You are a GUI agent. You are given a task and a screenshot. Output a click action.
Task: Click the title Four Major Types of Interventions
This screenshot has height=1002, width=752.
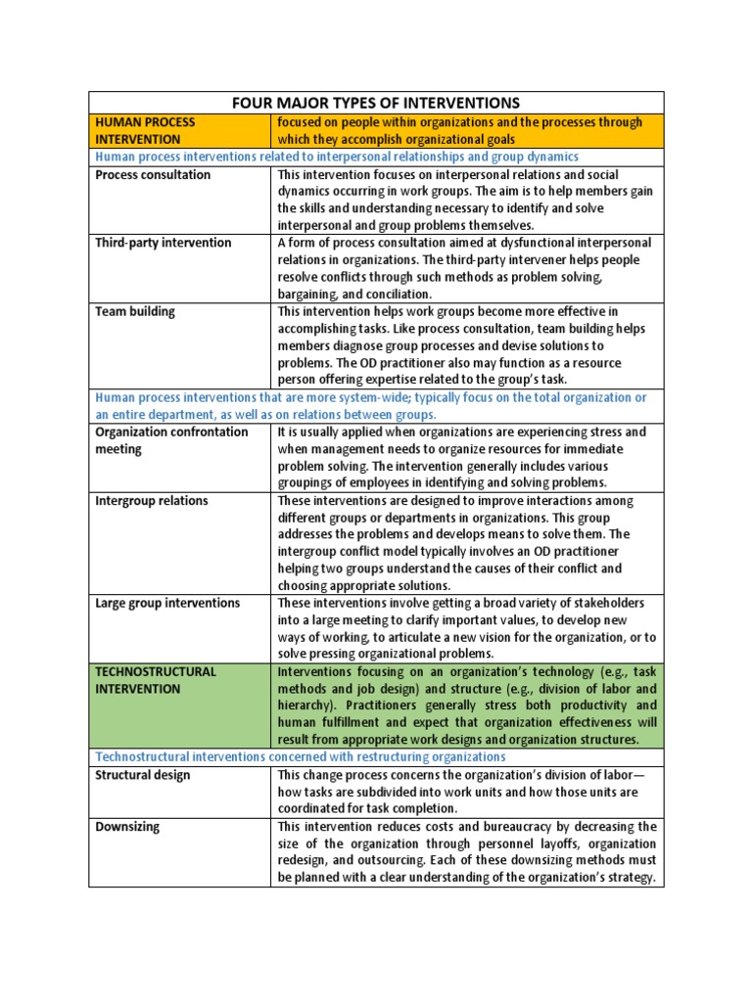[375, 103]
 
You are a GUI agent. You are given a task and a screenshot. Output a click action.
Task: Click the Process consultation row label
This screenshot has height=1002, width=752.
[153, 174]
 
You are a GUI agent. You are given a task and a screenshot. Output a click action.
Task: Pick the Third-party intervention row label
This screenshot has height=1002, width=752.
[164, 243]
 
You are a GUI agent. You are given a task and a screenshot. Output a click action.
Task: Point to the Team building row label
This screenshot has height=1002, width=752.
[135, 311]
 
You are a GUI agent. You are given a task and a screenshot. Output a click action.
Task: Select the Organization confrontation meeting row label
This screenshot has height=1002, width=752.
[171, 440]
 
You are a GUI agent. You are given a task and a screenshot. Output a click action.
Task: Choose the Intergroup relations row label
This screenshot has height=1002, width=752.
[152, 500]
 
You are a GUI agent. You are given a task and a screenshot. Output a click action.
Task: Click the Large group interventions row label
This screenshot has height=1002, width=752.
[167, 603]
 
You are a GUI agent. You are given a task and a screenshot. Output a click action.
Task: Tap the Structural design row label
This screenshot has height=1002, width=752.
[143, 775]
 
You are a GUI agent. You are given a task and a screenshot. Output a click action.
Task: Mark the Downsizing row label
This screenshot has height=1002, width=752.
[127, 827]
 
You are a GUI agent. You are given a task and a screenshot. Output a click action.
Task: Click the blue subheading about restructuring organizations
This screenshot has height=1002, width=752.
[301, 756]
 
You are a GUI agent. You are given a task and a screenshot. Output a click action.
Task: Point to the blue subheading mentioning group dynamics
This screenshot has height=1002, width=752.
[337, 157]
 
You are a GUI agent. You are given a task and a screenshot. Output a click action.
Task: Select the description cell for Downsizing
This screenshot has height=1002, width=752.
[467, 852]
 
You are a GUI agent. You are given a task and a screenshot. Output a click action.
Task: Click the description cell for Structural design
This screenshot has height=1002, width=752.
[467, 792]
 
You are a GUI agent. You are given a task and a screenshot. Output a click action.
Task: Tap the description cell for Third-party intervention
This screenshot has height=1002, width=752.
[467, 268]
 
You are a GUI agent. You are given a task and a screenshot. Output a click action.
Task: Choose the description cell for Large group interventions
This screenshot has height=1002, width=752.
[467, 628]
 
